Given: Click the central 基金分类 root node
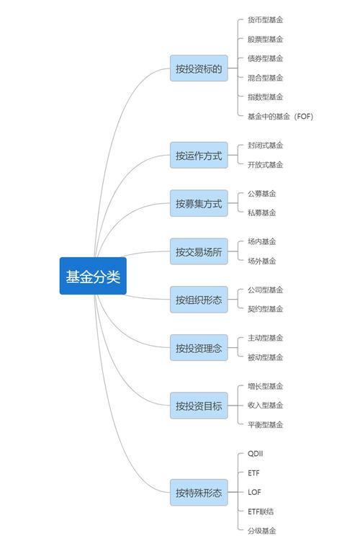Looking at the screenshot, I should coord(93,276).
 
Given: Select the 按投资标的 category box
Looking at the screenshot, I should coord(199,68).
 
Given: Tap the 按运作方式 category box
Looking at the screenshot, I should coord(199,155).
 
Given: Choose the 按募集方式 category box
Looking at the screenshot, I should coord(199,203).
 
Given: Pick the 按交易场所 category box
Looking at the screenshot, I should coord(199,251).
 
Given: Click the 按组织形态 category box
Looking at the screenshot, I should coord(199,300).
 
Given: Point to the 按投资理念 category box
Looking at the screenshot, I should coord(199,348).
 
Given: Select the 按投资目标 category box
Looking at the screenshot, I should coord(199,406).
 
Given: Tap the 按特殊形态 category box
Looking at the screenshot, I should coord(199,493).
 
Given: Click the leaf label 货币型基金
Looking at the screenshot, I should coord(265,20).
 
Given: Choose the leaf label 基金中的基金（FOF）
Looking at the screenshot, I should coord(280,116).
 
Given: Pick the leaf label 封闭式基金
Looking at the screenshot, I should coord(265,146).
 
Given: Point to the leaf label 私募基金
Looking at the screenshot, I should coord(261,212).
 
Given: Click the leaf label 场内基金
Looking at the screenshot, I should coord(261,242).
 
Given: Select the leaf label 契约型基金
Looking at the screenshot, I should coord(265,309).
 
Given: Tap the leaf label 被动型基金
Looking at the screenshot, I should coord(265,357).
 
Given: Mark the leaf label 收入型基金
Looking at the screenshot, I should coord(265,406).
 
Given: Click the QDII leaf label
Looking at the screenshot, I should coord(256,454).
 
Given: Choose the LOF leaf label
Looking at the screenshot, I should coord(254,493).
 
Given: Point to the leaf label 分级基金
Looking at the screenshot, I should coord(261,531).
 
